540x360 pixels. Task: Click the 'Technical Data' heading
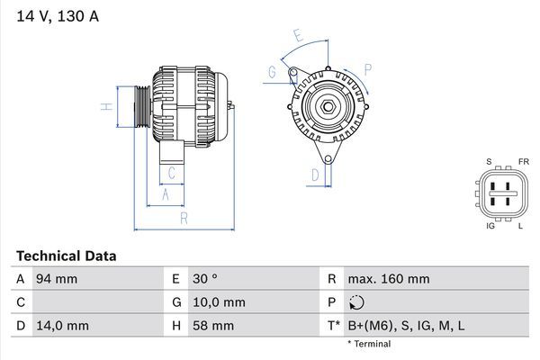pyautogui.click(x=66, y=256)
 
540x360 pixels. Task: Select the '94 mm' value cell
pyautogui.click(x=56, y=279)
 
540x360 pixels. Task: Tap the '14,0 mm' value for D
pyautogui.click(x=61, y=326)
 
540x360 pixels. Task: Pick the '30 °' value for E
pyautogui.click(x=206, y=279)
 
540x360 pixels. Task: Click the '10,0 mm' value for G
pyautogui.click(x=217, y=302)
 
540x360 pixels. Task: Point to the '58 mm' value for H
pyautogui.click(x=211, y=326)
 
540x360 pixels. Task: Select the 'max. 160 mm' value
pyautogui.click(x=388, y=279)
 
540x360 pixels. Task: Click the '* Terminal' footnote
pyautogui.click(x=369, y=344)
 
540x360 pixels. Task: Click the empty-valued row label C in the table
pyautogui.click(x=20, y=302)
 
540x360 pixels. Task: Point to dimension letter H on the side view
pyautogui.click(x=105, y=107)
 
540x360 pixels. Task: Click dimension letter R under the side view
pyautogui.click(x=184, y=219)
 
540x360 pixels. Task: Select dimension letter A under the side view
pyautogui.click(x=165, y=194)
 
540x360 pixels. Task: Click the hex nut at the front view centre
pyautogui.click(x=329, y=110)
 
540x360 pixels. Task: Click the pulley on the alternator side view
pyautogui.click(x=142, y=109)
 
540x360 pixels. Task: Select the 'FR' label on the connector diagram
pyautogui.click(x=523, y=162)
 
